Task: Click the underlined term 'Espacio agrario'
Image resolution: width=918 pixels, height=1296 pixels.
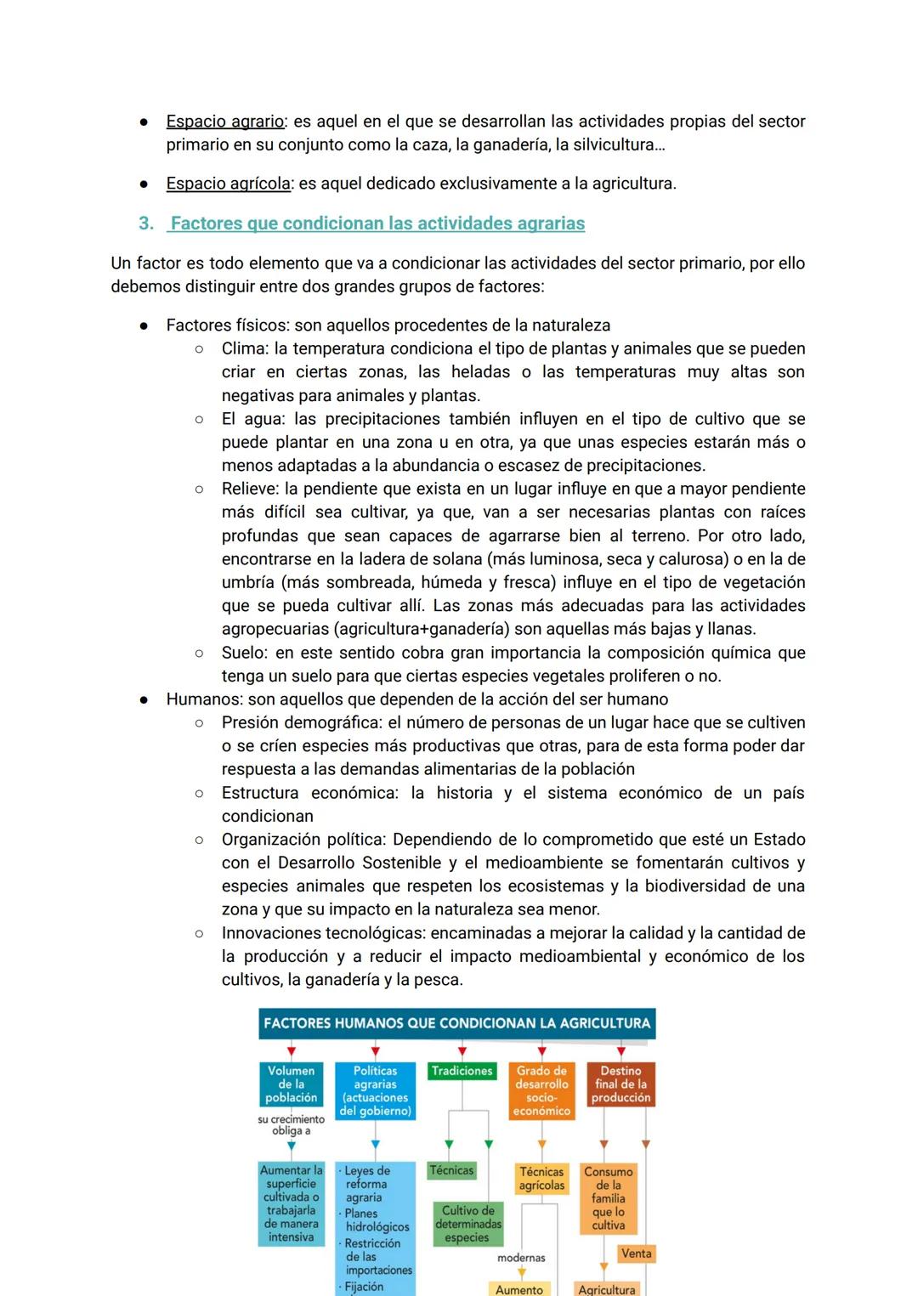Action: click(224, 122)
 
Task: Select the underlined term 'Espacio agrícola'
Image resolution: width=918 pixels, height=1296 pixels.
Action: click(228, 184)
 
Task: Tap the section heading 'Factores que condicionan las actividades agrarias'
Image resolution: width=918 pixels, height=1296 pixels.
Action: click(377, 224)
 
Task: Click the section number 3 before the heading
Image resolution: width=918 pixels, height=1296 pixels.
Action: click(146, 224)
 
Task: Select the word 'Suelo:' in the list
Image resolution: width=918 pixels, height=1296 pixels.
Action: click(246, 653)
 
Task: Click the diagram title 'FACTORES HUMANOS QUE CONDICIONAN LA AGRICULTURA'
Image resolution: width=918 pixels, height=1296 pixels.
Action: click(456, 1023)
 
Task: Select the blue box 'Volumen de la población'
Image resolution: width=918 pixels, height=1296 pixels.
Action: click(291, 1084)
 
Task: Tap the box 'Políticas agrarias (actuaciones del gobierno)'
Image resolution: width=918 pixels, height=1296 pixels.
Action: click(375, 1090)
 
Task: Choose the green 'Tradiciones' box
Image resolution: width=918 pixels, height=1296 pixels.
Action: click(462, 1071)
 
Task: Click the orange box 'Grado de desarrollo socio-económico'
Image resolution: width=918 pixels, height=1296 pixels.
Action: click(541, 1090)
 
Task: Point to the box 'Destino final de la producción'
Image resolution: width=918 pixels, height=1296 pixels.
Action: click(620, 1084)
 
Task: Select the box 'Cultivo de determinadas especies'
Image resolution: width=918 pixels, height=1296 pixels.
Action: click(467, 1224)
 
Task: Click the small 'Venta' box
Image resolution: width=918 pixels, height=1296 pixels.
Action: click(636, 1254)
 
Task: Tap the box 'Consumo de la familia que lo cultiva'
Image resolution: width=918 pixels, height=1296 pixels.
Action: click(608, 1198)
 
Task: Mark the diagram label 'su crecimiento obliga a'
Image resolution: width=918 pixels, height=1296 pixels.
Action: click(291, 1125)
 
